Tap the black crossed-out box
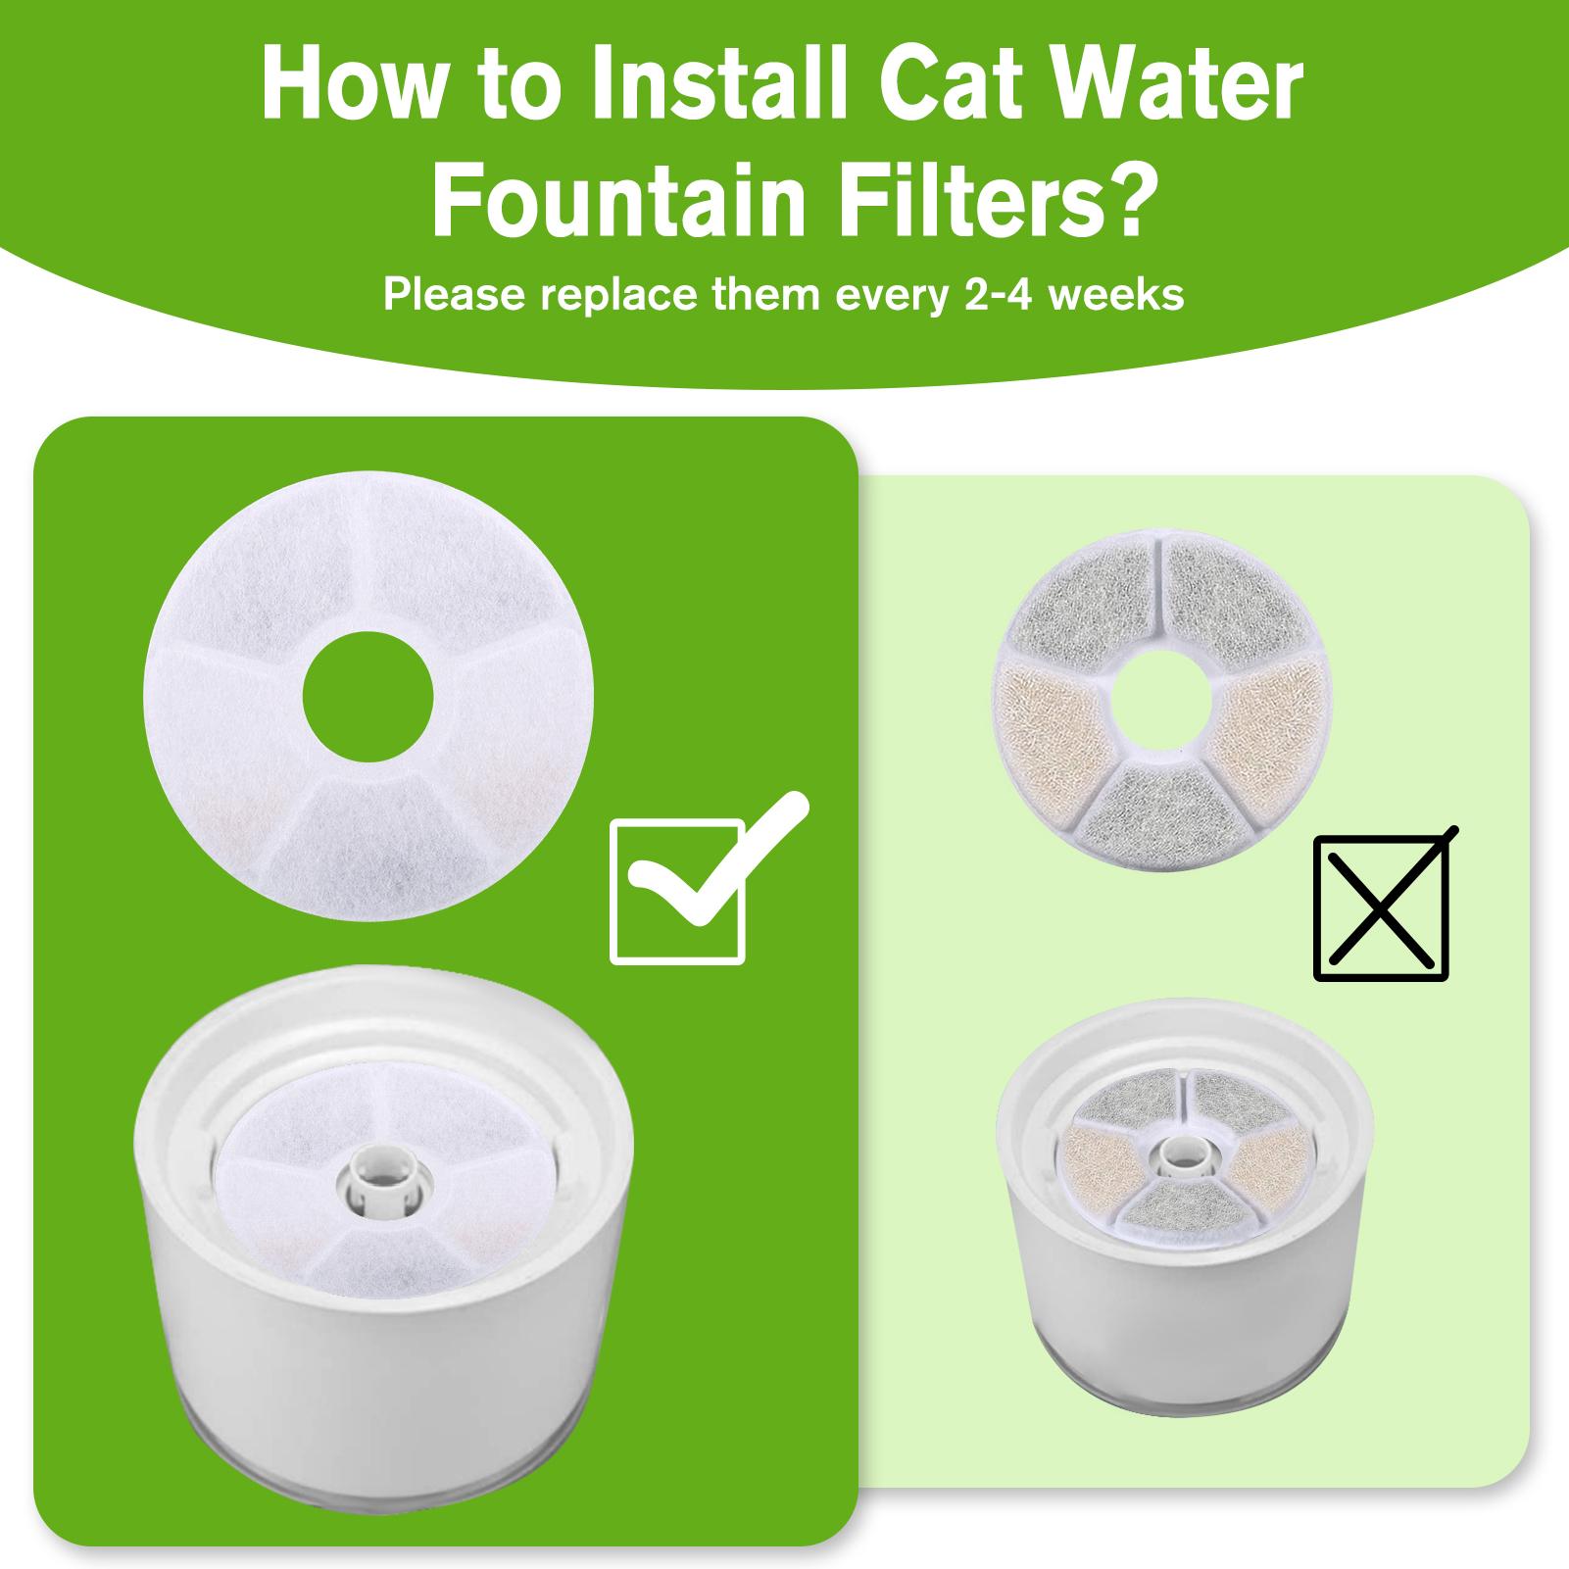click(1381, 907)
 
